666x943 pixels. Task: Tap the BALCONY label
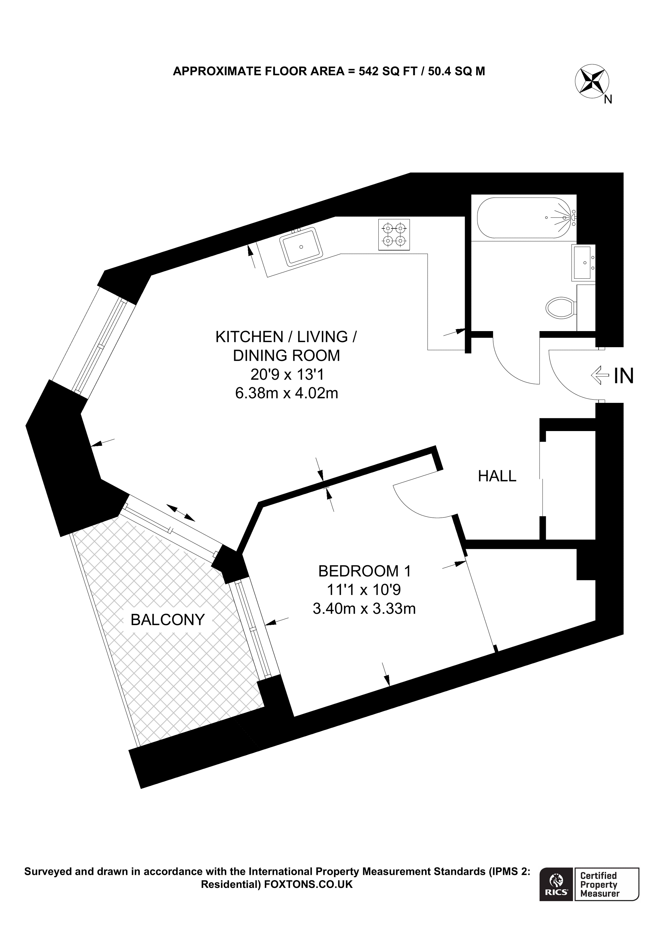[167, 620]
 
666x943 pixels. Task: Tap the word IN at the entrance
[624, 375]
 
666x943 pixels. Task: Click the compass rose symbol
[592, 81]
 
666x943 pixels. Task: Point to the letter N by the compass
[608, 99]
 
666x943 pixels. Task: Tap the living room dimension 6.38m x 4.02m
[286, 393]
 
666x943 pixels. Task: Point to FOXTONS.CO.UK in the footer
[308, 884]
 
